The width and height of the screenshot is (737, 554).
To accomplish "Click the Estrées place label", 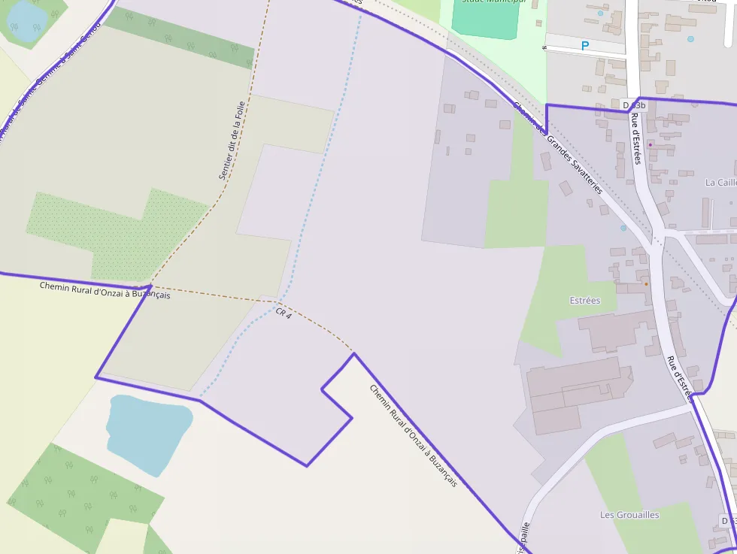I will [585, 301].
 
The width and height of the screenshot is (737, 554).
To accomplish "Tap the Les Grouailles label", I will [629, 515].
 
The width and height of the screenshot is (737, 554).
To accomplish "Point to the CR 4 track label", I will [283, 312].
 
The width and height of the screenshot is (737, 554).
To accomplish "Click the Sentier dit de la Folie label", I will [232, 141].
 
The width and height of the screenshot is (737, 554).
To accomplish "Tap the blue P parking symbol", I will [584, 46].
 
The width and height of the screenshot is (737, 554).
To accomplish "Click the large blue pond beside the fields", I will [147, 432].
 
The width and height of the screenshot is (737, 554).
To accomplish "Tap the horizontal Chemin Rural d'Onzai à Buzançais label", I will [105, 290].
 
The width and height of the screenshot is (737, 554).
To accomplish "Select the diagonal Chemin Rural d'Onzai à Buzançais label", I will [413, 435].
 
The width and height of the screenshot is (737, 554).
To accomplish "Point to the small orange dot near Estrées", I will [646, 284].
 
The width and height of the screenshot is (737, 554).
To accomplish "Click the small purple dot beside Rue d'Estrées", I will [651, 144].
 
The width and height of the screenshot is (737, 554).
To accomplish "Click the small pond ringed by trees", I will [26, 20].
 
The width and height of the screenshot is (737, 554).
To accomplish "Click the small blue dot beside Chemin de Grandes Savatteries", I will [623, 228].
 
